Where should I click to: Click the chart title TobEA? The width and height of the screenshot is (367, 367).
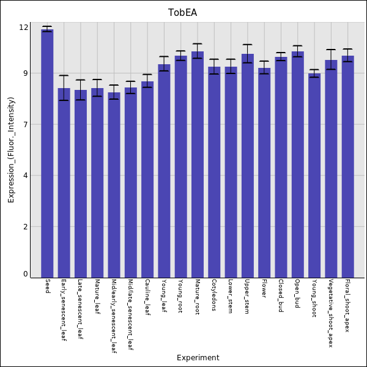point(183,13)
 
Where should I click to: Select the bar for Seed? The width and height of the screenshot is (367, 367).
point(47,153)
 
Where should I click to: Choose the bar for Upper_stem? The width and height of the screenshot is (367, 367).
point(247,165)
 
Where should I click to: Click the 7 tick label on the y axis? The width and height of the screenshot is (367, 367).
point(26,125)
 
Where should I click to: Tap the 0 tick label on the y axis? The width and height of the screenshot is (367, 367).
point(26,274)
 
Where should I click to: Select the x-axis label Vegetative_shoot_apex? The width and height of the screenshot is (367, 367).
point(331,313)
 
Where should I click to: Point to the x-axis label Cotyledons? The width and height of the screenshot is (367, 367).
point(214,295)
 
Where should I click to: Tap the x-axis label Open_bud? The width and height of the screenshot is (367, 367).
point(297,294)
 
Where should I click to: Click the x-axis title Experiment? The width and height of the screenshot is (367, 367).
point(198,358)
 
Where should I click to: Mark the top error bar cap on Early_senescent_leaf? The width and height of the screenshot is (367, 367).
point(64,76)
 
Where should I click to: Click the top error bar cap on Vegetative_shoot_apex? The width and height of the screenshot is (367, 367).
point(331,50)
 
